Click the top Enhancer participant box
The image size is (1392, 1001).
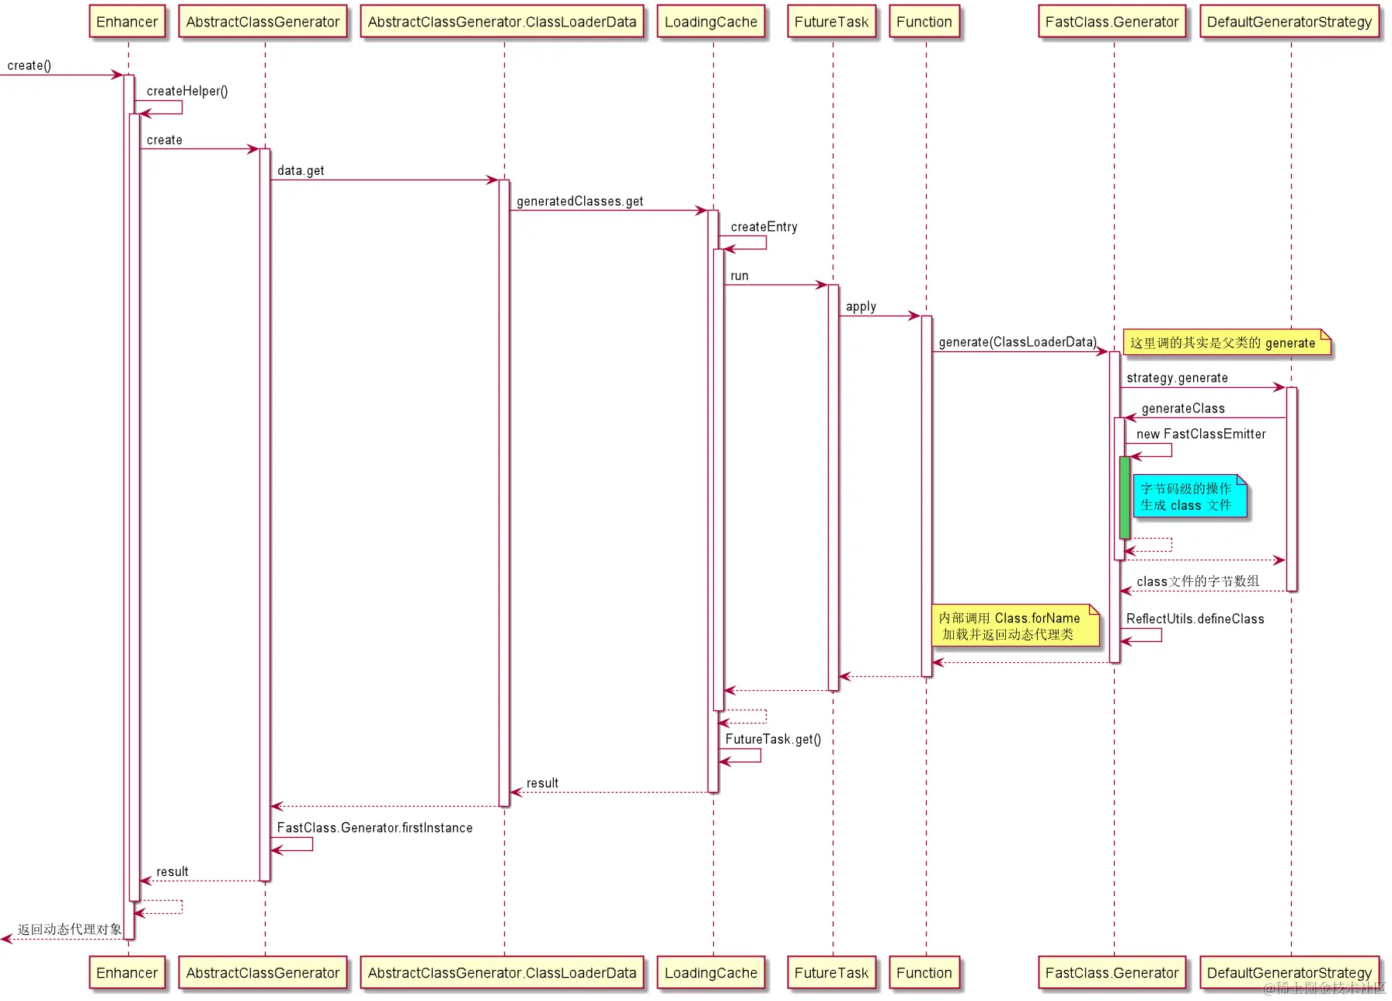coord(127,22)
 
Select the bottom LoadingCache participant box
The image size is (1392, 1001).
coord(711,972)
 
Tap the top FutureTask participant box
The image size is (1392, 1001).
coord(831,22)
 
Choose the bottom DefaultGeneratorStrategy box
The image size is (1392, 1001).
coord(1289,972)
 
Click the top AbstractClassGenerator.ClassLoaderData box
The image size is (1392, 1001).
coord(502,22)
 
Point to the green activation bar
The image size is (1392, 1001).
coord(1124,497)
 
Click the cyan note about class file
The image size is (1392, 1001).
coord(1188,497)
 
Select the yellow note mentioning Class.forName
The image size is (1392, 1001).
coord(1014,626)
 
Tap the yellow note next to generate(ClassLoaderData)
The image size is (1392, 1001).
coord(1227,343)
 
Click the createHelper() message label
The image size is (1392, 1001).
coord(187,91)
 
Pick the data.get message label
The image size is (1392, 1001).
coord(301,171)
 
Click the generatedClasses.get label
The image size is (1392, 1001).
coord(579,201)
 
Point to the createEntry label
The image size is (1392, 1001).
coord(764,227)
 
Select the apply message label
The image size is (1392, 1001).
coord(861,307)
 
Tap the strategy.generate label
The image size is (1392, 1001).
coord(1177,378)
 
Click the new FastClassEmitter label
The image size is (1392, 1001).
coord(1201,434)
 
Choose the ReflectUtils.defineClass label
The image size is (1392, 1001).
coord(1195,619)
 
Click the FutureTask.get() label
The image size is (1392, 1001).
coord(773,739)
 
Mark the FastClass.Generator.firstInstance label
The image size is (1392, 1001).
coord(374,828)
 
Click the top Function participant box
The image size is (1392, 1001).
coord(924,22)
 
